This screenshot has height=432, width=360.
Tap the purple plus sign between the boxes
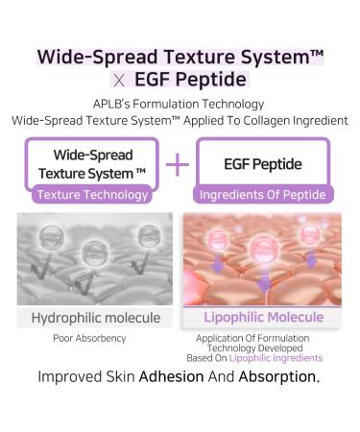[x=179, y=164]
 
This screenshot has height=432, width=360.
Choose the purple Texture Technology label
[x=92, y=195]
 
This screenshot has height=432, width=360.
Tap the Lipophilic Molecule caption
[x=262, y=317]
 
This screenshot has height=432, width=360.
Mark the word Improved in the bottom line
[x=72, y=376]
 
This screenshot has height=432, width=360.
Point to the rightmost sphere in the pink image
[x=312, y=233]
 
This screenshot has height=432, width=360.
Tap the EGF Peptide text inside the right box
[x=264, y=164]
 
